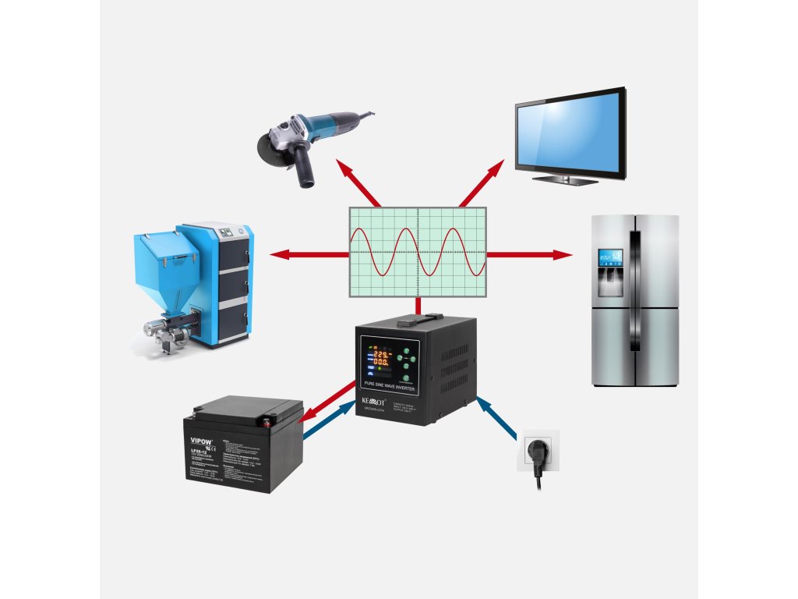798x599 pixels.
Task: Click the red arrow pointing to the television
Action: tap(484, 184)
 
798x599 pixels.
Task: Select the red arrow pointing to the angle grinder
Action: tap(358, 184)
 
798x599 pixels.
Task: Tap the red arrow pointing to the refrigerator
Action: tap(530, 254)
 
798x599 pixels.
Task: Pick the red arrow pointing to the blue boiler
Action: tap(308, 254)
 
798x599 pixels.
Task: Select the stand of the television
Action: tap(566, 179)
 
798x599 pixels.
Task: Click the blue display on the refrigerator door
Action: tap(609, 258)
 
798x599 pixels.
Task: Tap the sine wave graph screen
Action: tap(417, 252)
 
